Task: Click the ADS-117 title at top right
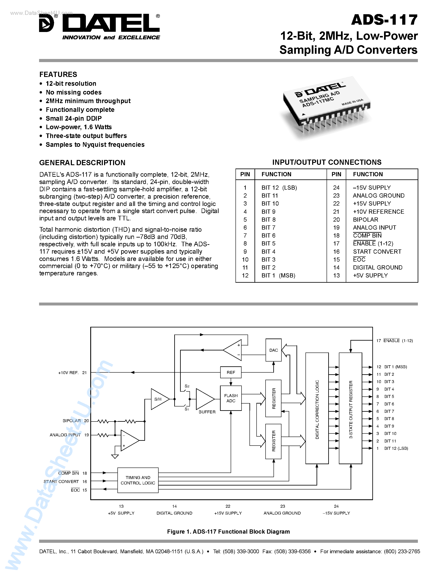coord(384,20)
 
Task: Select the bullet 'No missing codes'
coord(73,92)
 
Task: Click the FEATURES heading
coord(58,74)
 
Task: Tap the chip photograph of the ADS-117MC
coord(326,108)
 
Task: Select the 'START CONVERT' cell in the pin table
coord(377,252)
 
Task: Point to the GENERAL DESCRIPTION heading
coord(82,163)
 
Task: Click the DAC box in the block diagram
coord(273,350)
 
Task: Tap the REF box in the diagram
coord(231,372)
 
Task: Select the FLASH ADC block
coord(231,398)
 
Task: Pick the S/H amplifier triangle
coord(159,399)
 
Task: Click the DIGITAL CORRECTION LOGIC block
coord(317,409)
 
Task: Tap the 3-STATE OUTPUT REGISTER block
coord(350,409)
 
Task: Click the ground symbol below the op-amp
coord(115,456)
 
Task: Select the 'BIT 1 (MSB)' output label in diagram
coord(395,367)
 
